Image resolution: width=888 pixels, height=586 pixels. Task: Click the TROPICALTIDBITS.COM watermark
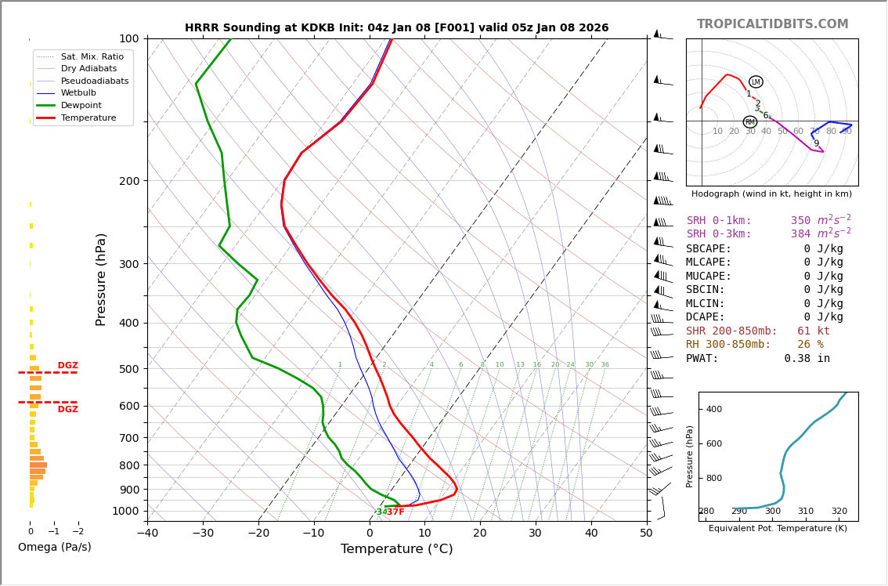click(x=772, y=24)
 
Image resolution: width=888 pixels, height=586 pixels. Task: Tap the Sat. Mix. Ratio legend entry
click(x=92, y=56)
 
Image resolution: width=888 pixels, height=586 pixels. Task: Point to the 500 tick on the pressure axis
click(x=128, y=369)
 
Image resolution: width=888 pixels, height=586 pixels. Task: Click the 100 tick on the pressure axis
click(x=128, y=38)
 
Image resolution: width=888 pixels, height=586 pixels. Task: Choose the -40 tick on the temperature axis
click(x=147, y=534)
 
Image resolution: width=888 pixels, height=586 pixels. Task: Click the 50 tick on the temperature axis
click(x=646, y=534)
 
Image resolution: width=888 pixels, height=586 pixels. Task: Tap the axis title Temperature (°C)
click(x=396, y=549)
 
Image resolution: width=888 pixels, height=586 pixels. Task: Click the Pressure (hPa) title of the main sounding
click(x=101, y=279)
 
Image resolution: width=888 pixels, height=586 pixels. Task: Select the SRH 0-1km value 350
click(x=800, y=221)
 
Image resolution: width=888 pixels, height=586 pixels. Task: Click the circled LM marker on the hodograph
click(x=756, y=81)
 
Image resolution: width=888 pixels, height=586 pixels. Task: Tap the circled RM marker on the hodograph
click(x=749, y=122)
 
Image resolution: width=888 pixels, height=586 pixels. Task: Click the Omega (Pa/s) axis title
click(x=54, y=547)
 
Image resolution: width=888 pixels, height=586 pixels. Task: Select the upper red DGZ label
click(x=67, y=366)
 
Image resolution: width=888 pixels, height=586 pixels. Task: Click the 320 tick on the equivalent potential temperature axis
click(x=839, y=512)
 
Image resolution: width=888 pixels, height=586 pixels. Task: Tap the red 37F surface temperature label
click(x=395, y=512)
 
